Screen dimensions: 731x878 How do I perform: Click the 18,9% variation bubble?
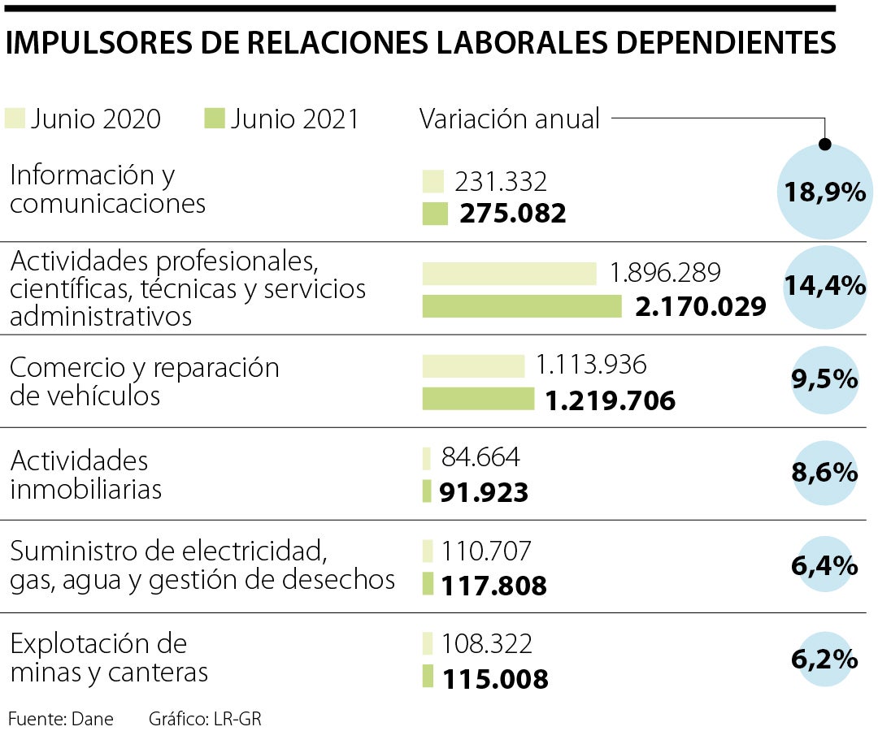pyautogui.click(x=824, y=192)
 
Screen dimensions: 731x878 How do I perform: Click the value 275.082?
pyautogui.click(x=512, y=214)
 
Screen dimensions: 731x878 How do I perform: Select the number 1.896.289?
pyautogui.click(x=664, y=273)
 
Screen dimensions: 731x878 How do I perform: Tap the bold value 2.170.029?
pyautogui.click(x=700, y=307)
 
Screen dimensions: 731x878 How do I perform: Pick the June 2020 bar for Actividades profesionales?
pyautogui.click(x=509, y=274)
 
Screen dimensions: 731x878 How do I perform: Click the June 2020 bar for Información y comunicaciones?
pyautogui.click(x=432, y=181)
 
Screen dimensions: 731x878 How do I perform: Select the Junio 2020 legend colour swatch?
pyautogui.click(x=15, y=119)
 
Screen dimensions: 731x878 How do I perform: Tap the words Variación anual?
pyautogui.click(x=510, y=119)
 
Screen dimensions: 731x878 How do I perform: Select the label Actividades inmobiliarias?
pyautogui.click(x=85, y=475)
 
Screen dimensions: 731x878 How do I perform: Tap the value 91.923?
pyautogui.click(x=485, y=493)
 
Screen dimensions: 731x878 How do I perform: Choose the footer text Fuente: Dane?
pyautogui.click(x=60, y=719)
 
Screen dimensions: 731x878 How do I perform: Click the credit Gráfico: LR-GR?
pyautogui.click(x=206, y=719)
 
